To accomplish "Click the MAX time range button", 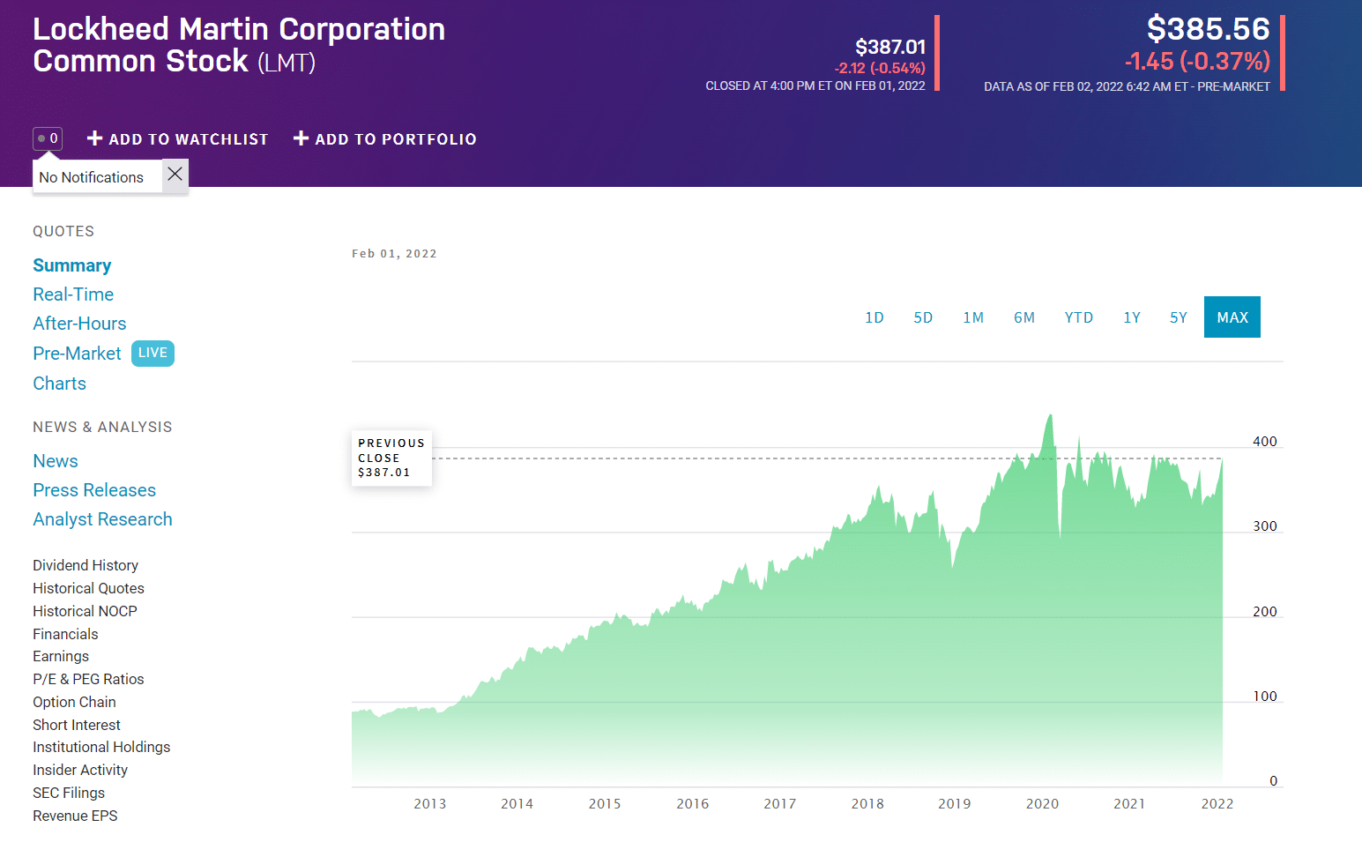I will tap(1232, 317).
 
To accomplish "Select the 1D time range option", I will tap(874, 317).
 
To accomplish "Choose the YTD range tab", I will tap(1078, 317).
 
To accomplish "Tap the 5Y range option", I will tap(1178, 317).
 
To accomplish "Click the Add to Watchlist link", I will tap(177, 139).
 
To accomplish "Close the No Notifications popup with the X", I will tap(175, 175).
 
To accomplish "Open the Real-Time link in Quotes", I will tap(73, 294).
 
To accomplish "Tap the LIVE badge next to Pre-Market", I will tap(153, 353).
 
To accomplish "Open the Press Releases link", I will tap(94, 490).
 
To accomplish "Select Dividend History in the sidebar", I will tap(86, 565).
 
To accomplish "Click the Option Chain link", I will tap(74, 702).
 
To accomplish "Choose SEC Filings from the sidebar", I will tap(69, 793).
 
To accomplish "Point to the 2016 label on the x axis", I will tap(692, 803).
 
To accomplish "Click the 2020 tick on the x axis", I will tap(1042, 803).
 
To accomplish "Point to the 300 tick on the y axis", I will tap(1264, 526).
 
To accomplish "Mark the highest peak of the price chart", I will tap(1050, 415).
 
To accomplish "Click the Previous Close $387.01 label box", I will tap(391, 458).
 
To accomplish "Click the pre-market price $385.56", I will tap(1208, 29).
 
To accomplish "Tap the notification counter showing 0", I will tap(48, 138).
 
